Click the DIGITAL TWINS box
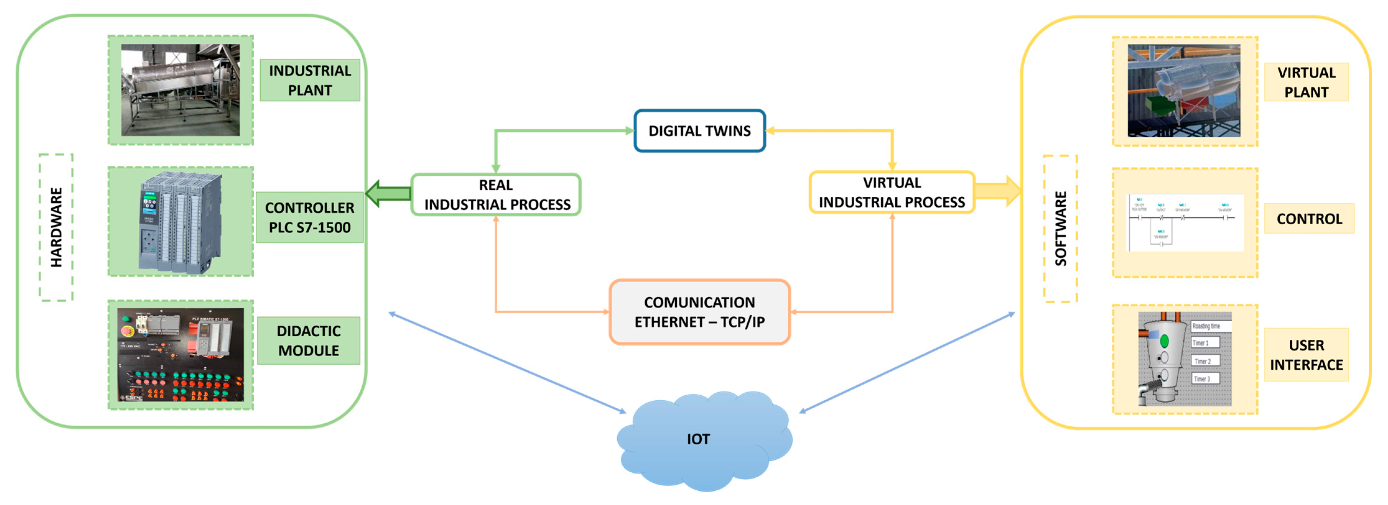click(699, 131)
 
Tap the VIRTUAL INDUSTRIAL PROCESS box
click(892, 192)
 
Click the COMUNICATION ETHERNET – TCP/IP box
click(699, 312)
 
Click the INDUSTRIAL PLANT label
click(310, 80)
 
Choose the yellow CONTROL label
click(1309, 218)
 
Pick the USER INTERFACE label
click(1306, 355)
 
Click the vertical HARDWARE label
click(56, 227)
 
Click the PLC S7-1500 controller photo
click(180, 222)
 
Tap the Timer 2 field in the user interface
click(1205, 361)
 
